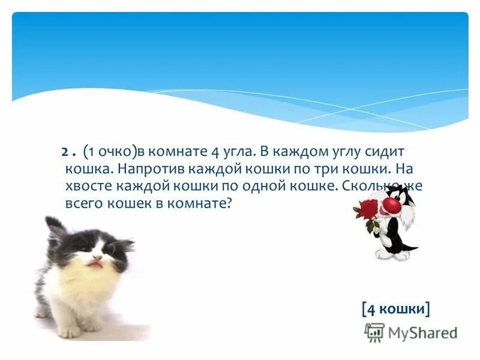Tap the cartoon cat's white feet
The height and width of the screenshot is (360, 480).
393,254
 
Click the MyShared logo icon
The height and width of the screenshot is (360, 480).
374,332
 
